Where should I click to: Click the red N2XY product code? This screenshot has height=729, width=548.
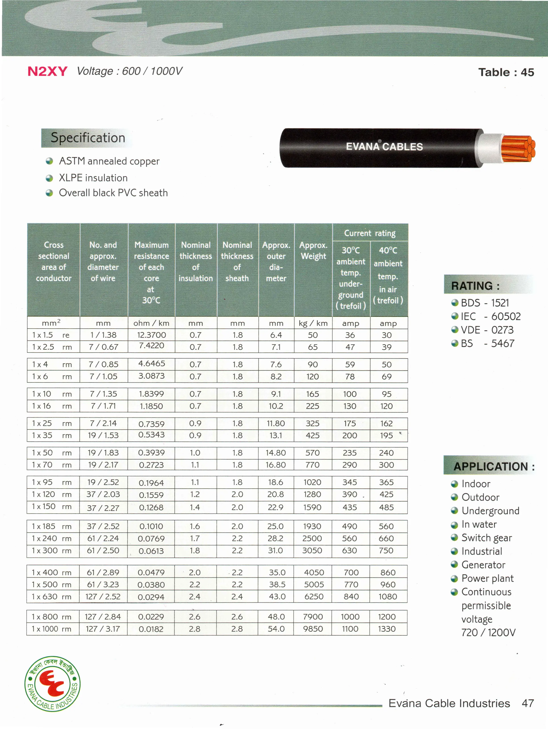(x=47, y=71)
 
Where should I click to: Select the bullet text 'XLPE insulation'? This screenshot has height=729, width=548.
(x=93, y=178)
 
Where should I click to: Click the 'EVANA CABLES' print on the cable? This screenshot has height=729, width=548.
(x=384, y=147)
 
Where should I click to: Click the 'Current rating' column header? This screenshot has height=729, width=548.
(x=370, y=233)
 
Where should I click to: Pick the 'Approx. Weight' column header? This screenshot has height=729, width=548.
(x=313, y=251)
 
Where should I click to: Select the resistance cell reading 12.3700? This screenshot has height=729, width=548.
(x=151, y=335)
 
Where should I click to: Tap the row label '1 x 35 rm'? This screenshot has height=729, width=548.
(x=52, y=435)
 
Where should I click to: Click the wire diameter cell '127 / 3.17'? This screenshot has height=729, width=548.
(x=103, y=629)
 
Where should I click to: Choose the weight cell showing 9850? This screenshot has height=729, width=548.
(x=313, y=629)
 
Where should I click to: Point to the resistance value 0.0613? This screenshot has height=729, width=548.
(x=151, y=551)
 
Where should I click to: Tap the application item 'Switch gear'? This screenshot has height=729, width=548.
(x=486, y=538)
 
